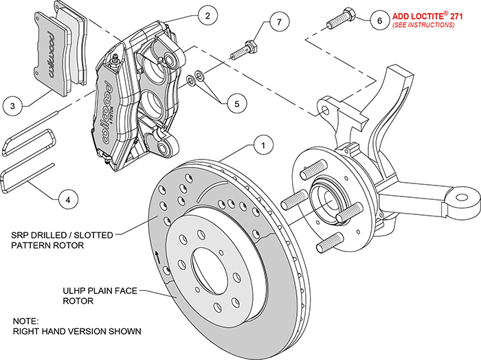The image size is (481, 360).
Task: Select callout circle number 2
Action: pyautogui.click(x=205, y=14)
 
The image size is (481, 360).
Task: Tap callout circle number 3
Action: pyautogui.click(x=12, y=106)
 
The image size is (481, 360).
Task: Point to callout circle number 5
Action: pyautogui.click(x=236, y=104)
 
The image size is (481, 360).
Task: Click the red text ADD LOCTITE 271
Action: pyautogui.click(x=423, y=15)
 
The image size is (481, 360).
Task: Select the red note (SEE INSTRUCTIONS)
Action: pyautogui.click(x=423, y=25)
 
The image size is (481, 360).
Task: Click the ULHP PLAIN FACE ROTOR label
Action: pyautogui.click(x=92, y=296)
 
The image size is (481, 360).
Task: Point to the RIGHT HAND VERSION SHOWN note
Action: pyautogui.click(x=76, y=326)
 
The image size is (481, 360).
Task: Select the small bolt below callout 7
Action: pyautogui.click(x=248, y=50)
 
